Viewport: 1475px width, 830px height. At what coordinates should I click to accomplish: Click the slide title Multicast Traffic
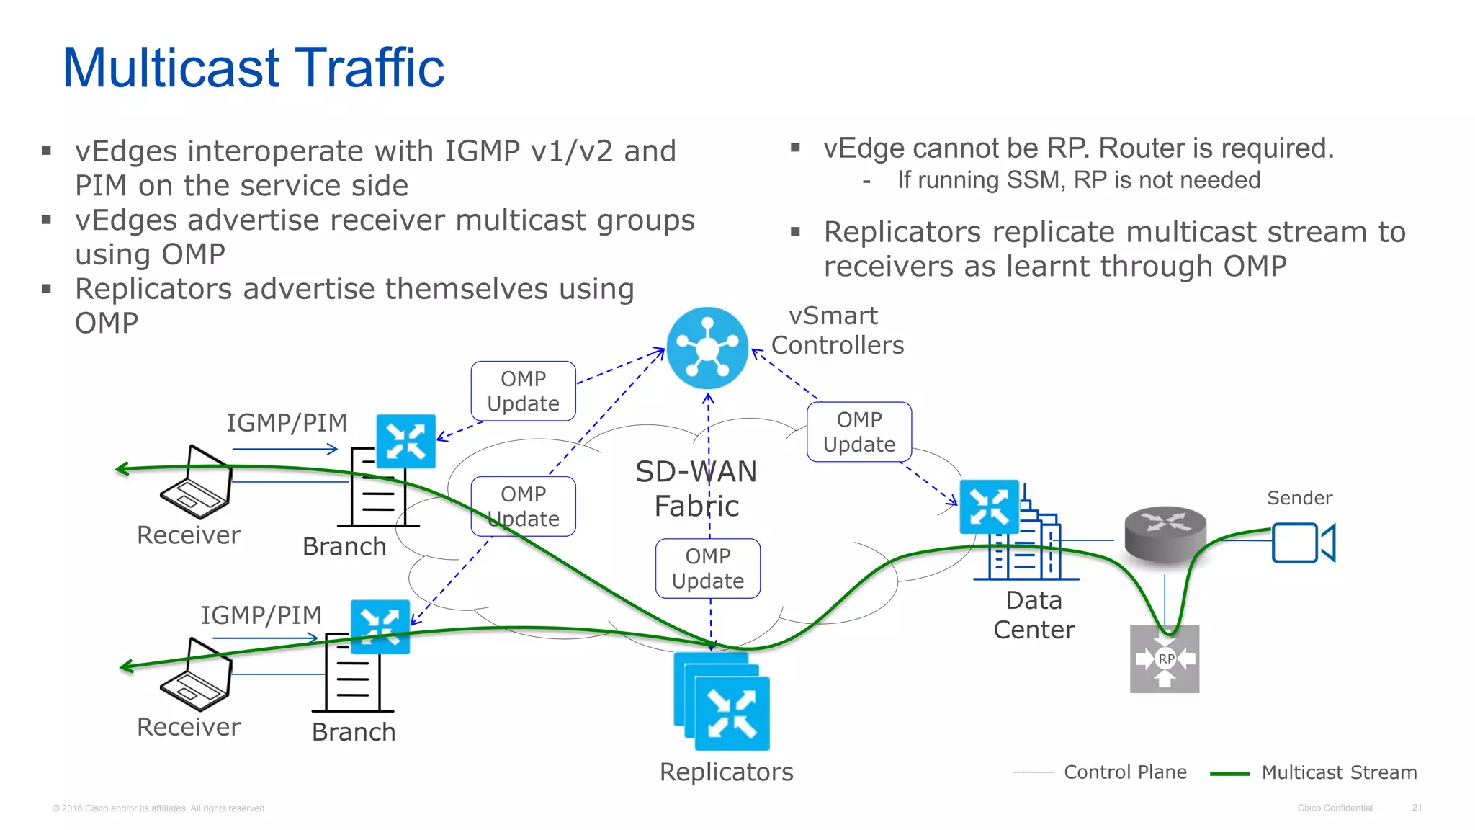pyautogui.click(x=254, y=68)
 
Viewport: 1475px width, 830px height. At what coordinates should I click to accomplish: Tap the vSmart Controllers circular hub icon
pyautogui.click(x=707, y=348)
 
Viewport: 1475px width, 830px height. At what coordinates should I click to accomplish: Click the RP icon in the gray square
pyautogui.click(x=1165, y=659)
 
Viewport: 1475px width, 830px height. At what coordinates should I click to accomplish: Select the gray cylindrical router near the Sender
pyautogui.click(x=1165, y=534)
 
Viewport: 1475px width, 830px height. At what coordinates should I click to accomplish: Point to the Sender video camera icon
pyautogui.click(x=1302, y=543)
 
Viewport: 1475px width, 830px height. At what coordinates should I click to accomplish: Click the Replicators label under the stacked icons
pyautogui.click(x=726, y=772)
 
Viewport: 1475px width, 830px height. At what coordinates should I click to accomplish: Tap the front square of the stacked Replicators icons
pyautogui.click(x=732, y=713)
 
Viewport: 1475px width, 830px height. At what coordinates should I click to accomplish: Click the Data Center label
pyautogui.click(x=1034, y=615)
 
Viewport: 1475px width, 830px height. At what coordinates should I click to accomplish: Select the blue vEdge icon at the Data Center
pyautogui.click(x=989, y=507)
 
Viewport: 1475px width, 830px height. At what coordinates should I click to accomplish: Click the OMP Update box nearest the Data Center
pyautogui.click(x=859, y=432)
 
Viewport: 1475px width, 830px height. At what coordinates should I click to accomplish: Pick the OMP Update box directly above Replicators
pyautogui.click(x=708, y=568)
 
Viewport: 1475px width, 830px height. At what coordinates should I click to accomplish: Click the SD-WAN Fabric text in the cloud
pyautogui.click(x=696, y=488)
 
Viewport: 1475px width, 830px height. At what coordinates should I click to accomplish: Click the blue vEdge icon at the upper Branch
pyautogui.click(x=406, y=441)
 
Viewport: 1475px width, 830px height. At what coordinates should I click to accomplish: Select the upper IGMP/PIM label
pyautogui.click(x=287, y=423)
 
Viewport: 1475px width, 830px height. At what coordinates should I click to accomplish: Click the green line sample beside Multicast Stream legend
pyautogui.click(x=1229, y=774)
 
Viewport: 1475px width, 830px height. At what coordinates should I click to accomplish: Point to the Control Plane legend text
pyautogui.click(x=1125, y=772)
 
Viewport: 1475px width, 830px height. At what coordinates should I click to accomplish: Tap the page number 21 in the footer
pyautogui.click(x=1417, y=808)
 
